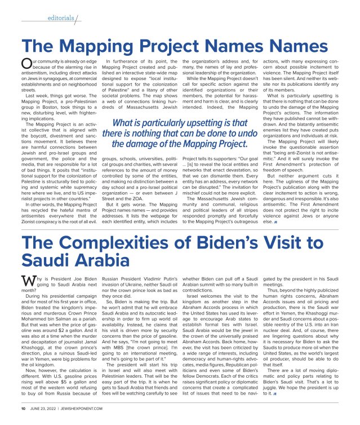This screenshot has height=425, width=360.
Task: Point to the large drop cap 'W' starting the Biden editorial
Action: coord(26,280)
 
